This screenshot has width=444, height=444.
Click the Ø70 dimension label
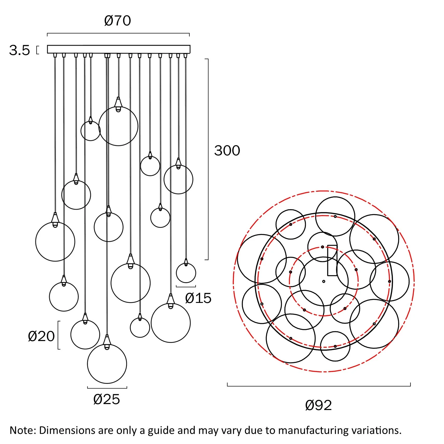pyautogui.click(x=117, y=20)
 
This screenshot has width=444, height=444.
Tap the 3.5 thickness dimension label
pyautogui.click(x=19, y=50)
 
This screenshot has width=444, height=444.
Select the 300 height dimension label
pyautogui.click(x=227, y=150)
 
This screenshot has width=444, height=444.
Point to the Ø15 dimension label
pyautogui.click(x=198, y=298)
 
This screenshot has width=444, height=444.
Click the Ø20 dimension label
pyautogui.click(x=41, y=336)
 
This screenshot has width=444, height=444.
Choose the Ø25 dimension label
pyautogui.click(x=107, y=399)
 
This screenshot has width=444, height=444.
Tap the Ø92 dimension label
pyautogui.click(x=318, y=405)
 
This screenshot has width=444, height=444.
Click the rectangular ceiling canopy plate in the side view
pyautogui.click(x=119, y=49)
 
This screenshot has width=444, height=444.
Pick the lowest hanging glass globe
pyautogui.click(x=107, y=364)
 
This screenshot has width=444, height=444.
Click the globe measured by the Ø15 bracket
pyautogui.click(x=186, y=273)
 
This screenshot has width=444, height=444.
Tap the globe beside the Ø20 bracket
pyautogui.click(x=85, y=335)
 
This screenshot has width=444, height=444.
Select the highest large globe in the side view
pyautogui.click(x=118, y=126)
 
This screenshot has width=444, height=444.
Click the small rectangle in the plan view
pyautogui.click(x=332, y=260)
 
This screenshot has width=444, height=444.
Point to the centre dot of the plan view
pyautogui.click(x=324, y=281)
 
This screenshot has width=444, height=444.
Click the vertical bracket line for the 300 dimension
pyautogui.click(x=208, y=159)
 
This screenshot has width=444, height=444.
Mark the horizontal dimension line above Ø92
pyautogui.click(x=319, y=386)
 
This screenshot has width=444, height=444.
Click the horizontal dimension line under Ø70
pyautogui.click(x=118, y=33)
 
